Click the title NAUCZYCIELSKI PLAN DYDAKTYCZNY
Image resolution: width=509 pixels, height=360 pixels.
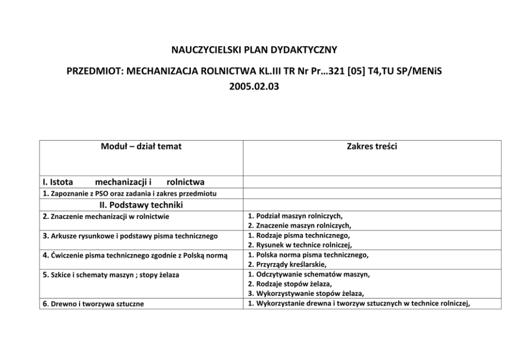254,50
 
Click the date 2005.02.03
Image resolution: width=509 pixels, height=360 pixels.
254,86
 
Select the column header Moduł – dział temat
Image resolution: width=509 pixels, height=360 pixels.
141,147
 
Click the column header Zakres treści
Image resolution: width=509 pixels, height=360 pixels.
371,147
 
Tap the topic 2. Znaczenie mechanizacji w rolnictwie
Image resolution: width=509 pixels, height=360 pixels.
106,217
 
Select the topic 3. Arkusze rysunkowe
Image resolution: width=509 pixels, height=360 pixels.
130,236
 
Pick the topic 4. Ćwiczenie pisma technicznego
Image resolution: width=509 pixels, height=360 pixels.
135,255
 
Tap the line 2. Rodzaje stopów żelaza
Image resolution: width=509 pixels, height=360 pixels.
290,283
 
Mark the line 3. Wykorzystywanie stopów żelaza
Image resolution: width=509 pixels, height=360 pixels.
306,293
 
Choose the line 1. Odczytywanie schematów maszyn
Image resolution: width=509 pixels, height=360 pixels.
308,274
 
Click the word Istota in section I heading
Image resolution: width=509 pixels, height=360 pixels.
58,182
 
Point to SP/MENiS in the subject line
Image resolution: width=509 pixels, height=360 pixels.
416,71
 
